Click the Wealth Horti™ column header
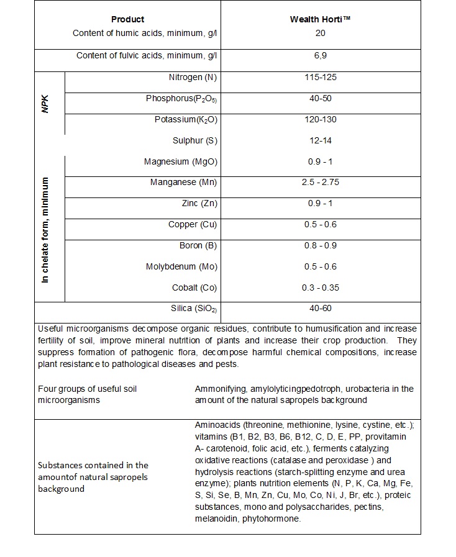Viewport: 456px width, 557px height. click(320, 19)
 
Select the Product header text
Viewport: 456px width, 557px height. click(127, 19)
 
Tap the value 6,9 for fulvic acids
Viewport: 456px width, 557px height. click(320, 56)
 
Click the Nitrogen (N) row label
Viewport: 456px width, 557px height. click(193, 78)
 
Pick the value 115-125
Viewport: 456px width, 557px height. click(320, 78)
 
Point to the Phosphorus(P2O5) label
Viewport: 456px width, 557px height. click(181, 99)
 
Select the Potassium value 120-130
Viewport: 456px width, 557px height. click(320, 119)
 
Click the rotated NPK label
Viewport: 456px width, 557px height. click(44, 103)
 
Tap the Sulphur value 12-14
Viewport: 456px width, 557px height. click(320, 140)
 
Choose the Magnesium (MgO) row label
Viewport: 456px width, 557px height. click(180, 161)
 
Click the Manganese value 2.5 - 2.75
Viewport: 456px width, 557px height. click(320, 183)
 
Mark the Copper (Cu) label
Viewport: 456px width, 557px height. click(192, 224)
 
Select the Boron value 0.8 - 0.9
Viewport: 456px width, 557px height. click(320, 245)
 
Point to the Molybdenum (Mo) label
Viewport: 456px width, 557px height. click(181, 266)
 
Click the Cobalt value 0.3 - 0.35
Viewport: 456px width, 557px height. click(320, 288)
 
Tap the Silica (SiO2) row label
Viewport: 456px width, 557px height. click(194, 309)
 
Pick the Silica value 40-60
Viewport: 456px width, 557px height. click(320, 309)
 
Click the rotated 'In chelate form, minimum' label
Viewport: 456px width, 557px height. click(45, 230)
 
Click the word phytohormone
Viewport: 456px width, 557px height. click(271, 519)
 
